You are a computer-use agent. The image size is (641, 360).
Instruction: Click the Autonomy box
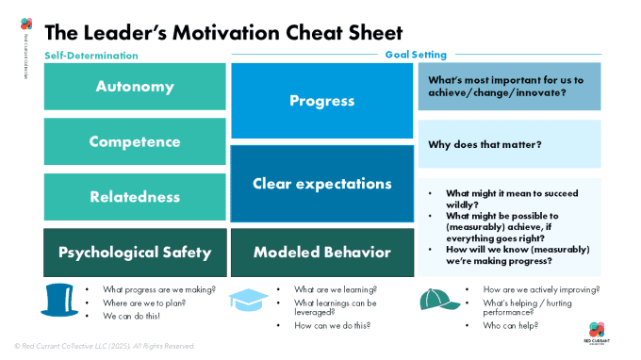[x=135, y=87]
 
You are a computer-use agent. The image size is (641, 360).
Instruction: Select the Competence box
[x=135, y=142]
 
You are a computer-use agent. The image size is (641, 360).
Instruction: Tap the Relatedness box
[x=135, y=197]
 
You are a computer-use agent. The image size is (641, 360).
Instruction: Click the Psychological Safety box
[x=135, y=253]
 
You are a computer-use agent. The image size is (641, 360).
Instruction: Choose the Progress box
[x=321, y=101]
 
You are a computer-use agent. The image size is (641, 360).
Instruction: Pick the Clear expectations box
[x=321, y=184]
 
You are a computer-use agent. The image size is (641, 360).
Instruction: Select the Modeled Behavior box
[x=321, y=253]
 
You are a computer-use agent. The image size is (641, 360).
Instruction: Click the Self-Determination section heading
[x=91, y=56]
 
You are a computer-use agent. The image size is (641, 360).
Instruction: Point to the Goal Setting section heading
[x=416, y=55]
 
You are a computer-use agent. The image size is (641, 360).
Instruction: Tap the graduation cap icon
[x=248, y=300]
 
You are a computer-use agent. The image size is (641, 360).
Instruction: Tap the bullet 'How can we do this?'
[x=332, y=325]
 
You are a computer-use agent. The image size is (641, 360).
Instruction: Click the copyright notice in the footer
[x=104, y=346]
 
